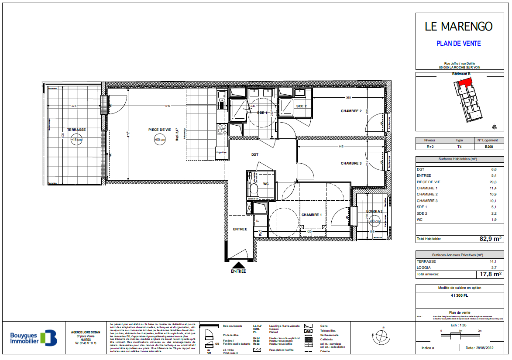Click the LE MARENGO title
[458, 27]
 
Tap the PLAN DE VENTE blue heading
[459, 44]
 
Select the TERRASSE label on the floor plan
[76, 130]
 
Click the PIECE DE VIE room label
[159, 130]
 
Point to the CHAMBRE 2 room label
[351, 111]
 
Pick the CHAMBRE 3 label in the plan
[351, 164]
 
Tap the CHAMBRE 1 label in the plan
[312, 215]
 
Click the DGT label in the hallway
[255, 154]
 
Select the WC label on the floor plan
[265, 184]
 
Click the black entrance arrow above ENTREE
[238, 264]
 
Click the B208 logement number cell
[489, 147]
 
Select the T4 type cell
[459, 147]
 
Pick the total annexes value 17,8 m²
[489, 274]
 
